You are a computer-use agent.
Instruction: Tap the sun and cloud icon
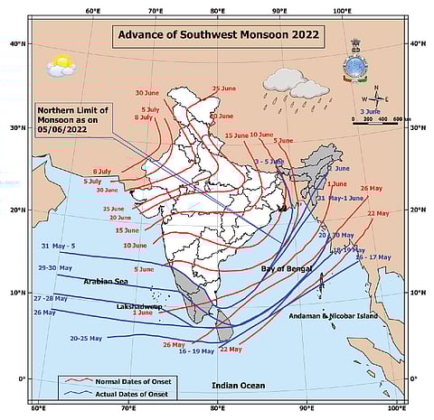(x=61, y=65)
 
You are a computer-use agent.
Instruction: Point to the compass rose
(x=376, y=98)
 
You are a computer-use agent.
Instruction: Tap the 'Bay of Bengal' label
(x=285, y=269)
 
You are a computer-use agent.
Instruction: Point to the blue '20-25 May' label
(x=86, y=337)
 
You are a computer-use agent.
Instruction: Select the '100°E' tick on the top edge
(x=341, y=12)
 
